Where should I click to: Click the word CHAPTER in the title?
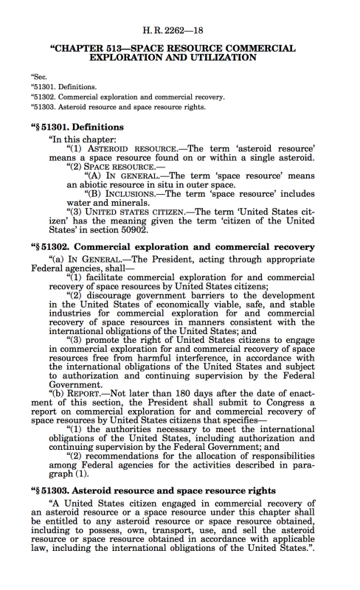(x=86, y=47)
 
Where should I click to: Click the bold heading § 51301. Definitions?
(x=77, y=126)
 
